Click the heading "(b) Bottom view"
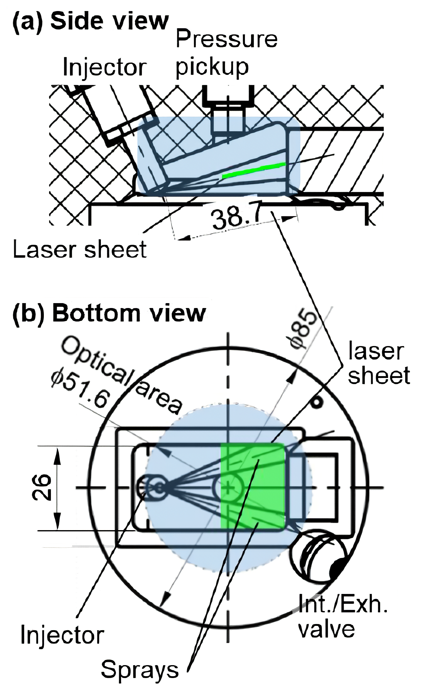[109, 313]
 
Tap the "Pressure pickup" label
[226, 53]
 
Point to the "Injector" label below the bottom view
[62, 635]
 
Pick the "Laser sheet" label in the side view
[80, 249]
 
